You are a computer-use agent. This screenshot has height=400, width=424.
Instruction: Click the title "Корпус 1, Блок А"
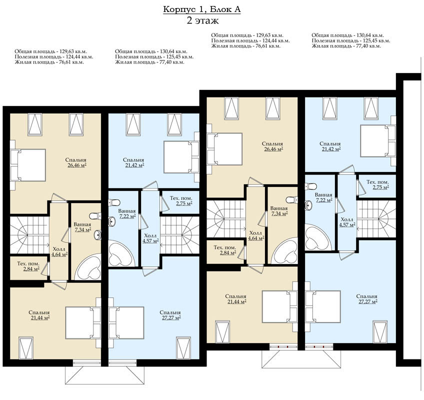(201, 9)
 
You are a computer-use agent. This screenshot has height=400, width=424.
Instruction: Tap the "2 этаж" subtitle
(202, 21)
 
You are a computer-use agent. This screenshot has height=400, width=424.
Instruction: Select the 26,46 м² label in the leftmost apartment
(77, 165)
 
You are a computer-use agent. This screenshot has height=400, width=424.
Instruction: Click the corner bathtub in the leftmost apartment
(88, 267)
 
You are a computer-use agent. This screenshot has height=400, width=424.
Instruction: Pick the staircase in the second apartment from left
(180, 235)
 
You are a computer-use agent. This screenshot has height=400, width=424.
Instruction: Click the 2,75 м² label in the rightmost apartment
(380, 187)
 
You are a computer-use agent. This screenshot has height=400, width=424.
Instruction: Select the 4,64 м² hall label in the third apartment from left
(256, 238)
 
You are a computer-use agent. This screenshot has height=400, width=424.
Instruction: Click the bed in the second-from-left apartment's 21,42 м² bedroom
(181, 157)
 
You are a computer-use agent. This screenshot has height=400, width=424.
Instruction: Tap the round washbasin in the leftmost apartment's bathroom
(97, 235)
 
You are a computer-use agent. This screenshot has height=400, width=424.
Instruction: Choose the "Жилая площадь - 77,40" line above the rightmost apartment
(346, 46)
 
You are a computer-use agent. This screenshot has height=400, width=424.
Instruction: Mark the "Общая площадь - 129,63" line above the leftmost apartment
(51, 51)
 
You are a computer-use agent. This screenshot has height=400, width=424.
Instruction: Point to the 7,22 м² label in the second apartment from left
(127, 216)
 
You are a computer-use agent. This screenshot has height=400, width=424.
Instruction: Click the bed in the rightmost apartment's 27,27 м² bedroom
(323, 306)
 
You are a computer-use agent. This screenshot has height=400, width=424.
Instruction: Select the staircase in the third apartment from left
(226, 219)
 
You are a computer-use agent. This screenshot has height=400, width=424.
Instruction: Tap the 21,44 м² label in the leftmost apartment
(40, 317)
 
